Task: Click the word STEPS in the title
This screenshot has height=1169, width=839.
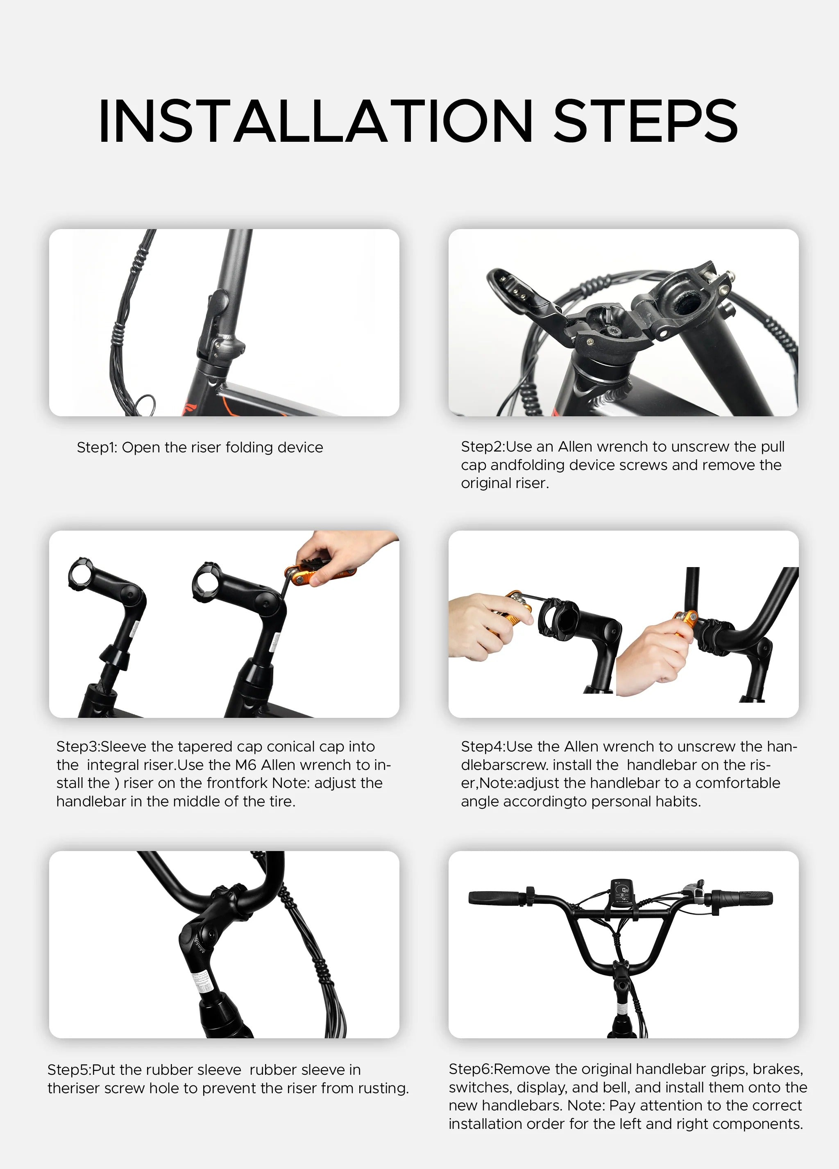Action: click(645, 121)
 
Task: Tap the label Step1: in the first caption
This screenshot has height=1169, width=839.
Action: click(97, 447)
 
